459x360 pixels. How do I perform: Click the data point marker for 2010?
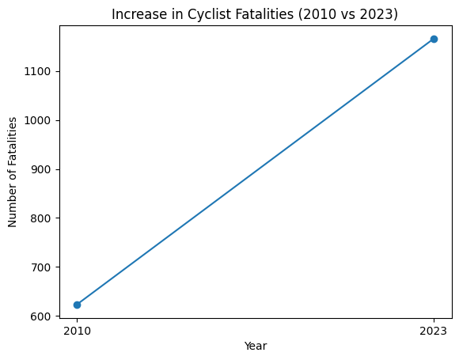[77, 305]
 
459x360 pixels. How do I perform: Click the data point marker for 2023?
[434, 39]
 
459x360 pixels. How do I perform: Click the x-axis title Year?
[255, 346]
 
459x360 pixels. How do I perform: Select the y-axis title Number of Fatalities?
[13, 171]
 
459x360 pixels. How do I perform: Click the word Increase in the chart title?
[136, 14]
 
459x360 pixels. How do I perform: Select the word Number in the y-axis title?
[13, 206]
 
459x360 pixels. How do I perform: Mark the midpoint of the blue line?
[255, 172]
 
